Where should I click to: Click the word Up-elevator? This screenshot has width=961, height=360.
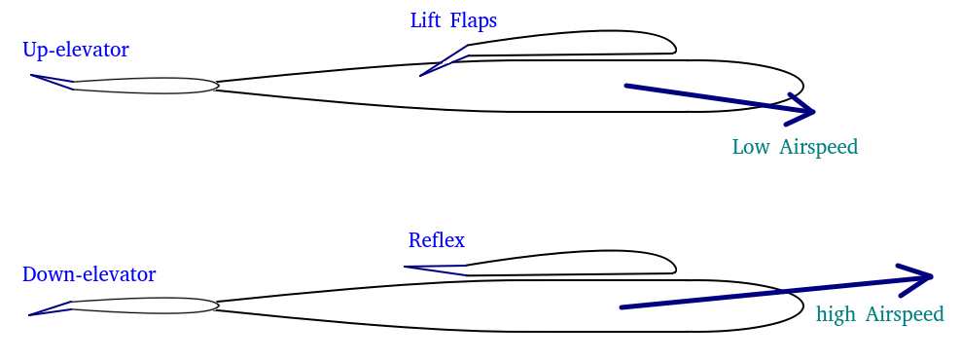[75, 50]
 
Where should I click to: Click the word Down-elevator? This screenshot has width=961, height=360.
[89, 274]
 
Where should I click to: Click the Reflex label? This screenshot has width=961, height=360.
[436, 240]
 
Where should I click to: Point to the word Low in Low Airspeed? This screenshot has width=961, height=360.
[750, 147]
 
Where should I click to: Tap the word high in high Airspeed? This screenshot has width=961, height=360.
[836, 314]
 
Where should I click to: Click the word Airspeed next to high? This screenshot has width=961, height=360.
[905, 314]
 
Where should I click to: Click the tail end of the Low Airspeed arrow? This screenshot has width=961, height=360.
[627, 86]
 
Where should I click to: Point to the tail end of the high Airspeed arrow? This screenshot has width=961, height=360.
[623, 307]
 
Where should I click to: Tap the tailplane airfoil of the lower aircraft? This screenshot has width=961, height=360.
[146, 306]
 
